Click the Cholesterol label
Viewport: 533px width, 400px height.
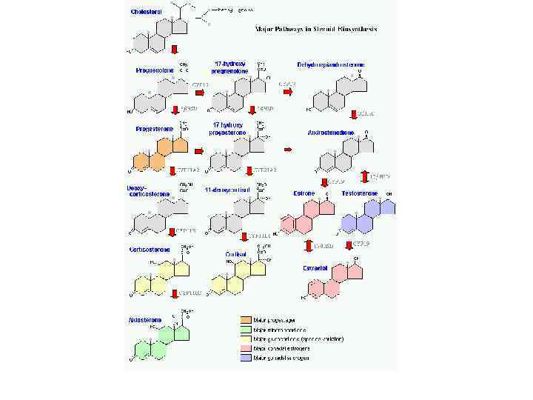pos(148,13)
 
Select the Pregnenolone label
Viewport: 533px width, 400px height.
pos(153,70)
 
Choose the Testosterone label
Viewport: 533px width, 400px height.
pos(359,193)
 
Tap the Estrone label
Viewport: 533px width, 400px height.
pos(304,193)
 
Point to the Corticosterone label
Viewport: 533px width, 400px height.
pos(150,250)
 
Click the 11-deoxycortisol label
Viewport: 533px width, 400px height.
pos(228,189)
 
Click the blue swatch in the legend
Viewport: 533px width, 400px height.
pos(245,358)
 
